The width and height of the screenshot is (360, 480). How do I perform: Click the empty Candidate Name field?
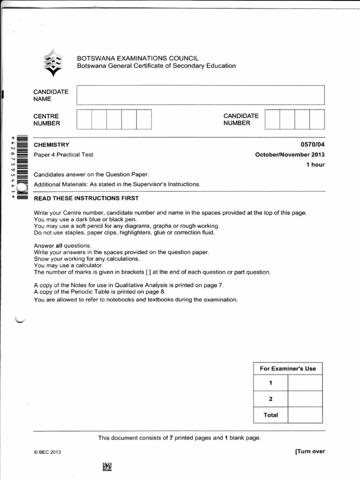pyautogui.click(x=201, y=95)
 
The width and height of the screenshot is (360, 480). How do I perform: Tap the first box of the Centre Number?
pyautogui.click(x=84, y=120)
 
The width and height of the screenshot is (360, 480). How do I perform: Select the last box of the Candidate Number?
pyautogui.click(x=317, y=119)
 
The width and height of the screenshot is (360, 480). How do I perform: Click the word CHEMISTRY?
pyautogui.click(x=52, y=145)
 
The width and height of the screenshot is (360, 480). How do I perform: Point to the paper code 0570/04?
pyautogui.click(x=312, y=145)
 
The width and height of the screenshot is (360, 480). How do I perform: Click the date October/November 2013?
pyautogui.click(x=290, y=155)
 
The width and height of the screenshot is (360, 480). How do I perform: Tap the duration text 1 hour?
pyautogui.click(x=315, y=165)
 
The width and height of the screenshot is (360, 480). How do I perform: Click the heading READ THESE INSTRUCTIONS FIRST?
pyautogui.click(x=86, y=198)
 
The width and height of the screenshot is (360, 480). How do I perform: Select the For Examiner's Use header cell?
pyautogui.click(x=288, y=368)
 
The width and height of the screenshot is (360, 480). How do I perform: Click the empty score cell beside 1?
pyautogui.click(x=305, y=383)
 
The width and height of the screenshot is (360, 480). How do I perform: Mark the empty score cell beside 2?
pyautogui.click(x=305, y=399)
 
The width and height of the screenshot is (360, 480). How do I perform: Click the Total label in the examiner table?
pyautogui.click(x=270, y=415)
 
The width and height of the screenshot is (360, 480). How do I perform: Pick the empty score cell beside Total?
pyautogui.click(x=305, y=415)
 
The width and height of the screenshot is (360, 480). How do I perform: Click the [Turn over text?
pyautogui.click(x=310, y=451)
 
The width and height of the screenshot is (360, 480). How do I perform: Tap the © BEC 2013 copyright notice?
pyautogui.click(x=47, y=452)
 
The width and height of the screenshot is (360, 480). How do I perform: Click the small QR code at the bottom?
pyautogui.click(x=107, y=466)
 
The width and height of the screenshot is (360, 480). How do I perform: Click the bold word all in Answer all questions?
pyautogui.click(x=59, y=246)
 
